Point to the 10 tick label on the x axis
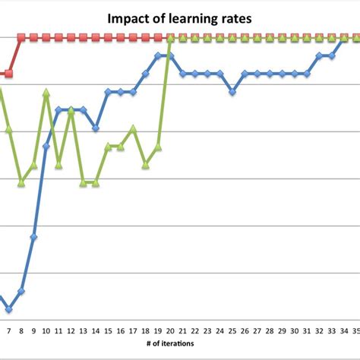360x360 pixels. click(x=46, y=331)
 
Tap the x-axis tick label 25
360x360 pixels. click(x=232, y=331)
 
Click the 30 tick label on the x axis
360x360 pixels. click(x=295, y=331)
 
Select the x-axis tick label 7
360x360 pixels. click(x=8, y=331)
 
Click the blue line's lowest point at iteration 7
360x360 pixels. click(x=8, y=309)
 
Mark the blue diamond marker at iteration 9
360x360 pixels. click(x=33, y=237)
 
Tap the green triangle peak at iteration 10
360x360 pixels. click(x=46, y=92)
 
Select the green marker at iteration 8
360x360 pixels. click(x=21, y=183)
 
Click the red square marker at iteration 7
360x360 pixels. click(x=8, y=74)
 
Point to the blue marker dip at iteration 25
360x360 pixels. click(x=232, y=92)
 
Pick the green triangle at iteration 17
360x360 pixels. click(x=133, y=128)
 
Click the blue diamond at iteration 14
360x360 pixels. click(x=96, y=128)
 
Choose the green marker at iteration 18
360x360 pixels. click(x=145, y=164)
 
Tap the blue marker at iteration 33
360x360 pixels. click(x=332, y=55)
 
